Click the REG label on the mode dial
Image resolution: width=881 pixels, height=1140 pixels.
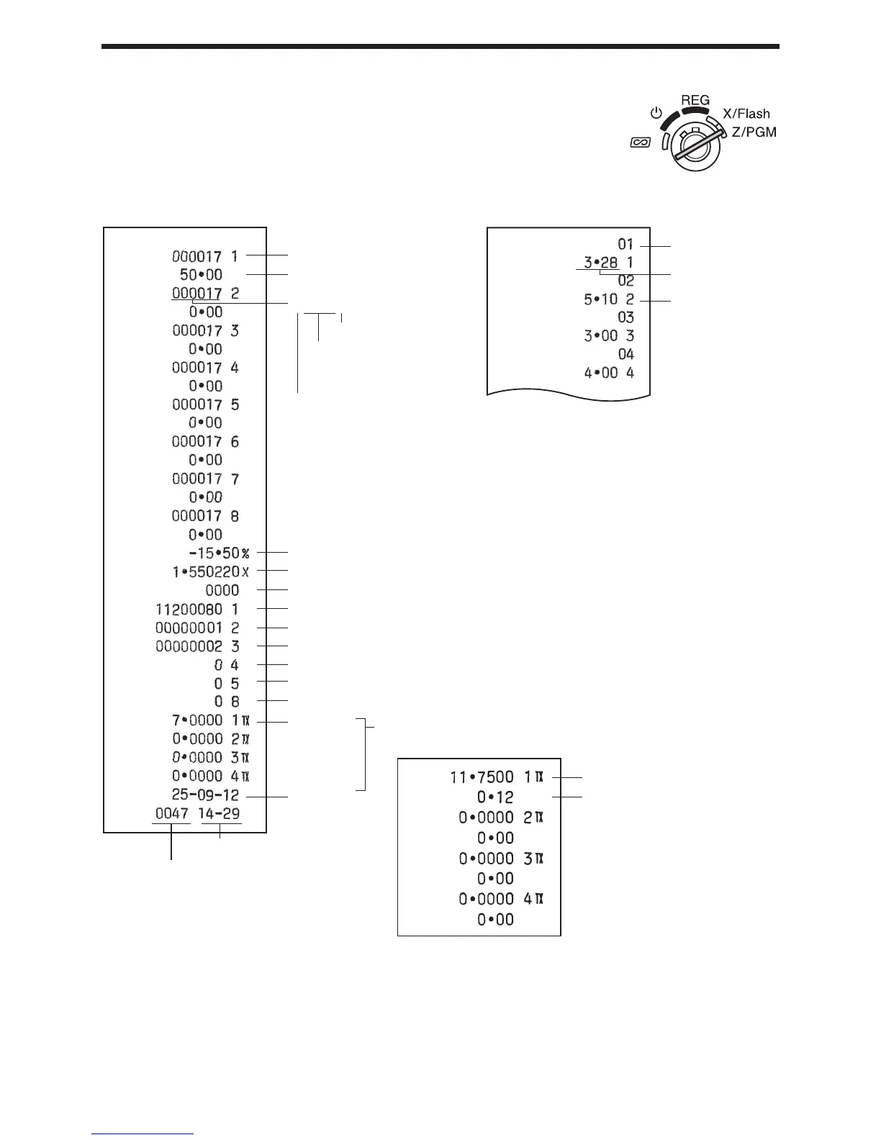(x=695, y=100)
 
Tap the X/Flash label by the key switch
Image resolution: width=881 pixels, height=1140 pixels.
(x=746, y=114)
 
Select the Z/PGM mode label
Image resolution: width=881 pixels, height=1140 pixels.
(x=754, y=133)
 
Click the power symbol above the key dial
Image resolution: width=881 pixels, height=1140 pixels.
(x=655, y=113)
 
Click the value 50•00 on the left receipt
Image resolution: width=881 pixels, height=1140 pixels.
(x=201, y=275)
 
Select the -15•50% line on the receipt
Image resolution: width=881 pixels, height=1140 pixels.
(x=214, y=553)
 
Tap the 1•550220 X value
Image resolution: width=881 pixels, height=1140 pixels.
(x=204, y=571)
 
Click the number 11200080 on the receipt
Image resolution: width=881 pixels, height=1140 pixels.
(x=189, y=610)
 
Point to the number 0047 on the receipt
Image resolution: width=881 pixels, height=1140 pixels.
(x=171, y=814)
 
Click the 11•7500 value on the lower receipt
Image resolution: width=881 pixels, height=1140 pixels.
(x=482, y=777)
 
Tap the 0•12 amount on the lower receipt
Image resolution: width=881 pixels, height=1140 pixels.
(x=495, y=797)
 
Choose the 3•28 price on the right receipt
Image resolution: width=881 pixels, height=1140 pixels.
(x=600, y=263)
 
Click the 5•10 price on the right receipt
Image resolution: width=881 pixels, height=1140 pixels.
(x=600, y=299)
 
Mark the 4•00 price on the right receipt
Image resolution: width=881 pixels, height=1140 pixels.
(x=600, y=374)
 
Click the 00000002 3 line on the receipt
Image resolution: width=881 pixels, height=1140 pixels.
(x=197, y=646)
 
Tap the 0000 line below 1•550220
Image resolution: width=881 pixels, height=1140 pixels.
(x=222, y=591)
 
